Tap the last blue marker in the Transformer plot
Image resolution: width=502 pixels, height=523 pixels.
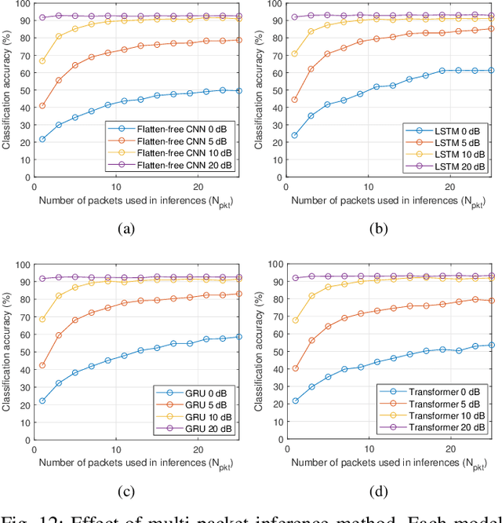click(492, 345)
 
